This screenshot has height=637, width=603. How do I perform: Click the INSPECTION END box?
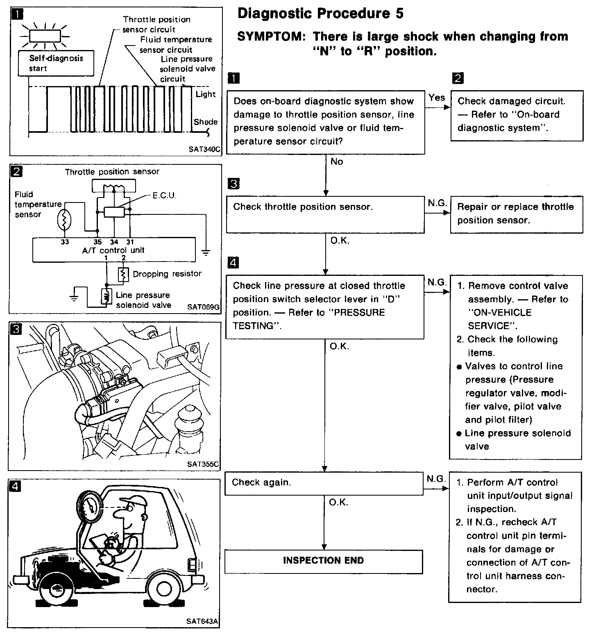pos(323,561)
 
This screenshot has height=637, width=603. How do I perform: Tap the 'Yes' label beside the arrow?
pos(436,98)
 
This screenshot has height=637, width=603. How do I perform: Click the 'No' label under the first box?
pos(336,162)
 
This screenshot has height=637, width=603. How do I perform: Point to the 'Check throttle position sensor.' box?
pos(325,214)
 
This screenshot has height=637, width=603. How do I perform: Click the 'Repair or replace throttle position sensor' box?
pos(516,214)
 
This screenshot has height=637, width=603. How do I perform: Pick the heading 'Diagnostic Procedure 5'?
pos(320,14)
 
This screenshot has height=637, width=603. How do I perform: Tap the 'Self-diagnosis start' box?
pos(56,64)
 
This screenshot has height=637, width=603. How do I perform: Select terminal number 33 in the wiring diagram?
pos(65,242)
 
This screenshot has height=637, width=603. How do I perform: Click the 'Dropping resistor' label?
pos(167,274)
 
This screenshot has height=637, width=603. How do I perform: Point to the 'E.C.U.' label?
pos(164,196)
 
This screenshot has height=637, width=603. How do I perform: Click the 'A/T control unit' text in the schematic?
pos(113,250)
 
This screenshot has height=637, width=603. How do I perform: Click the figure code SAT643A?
pos(202,621)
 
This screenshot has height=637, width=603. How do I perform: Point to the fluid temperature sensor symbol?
pos(65,221)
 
